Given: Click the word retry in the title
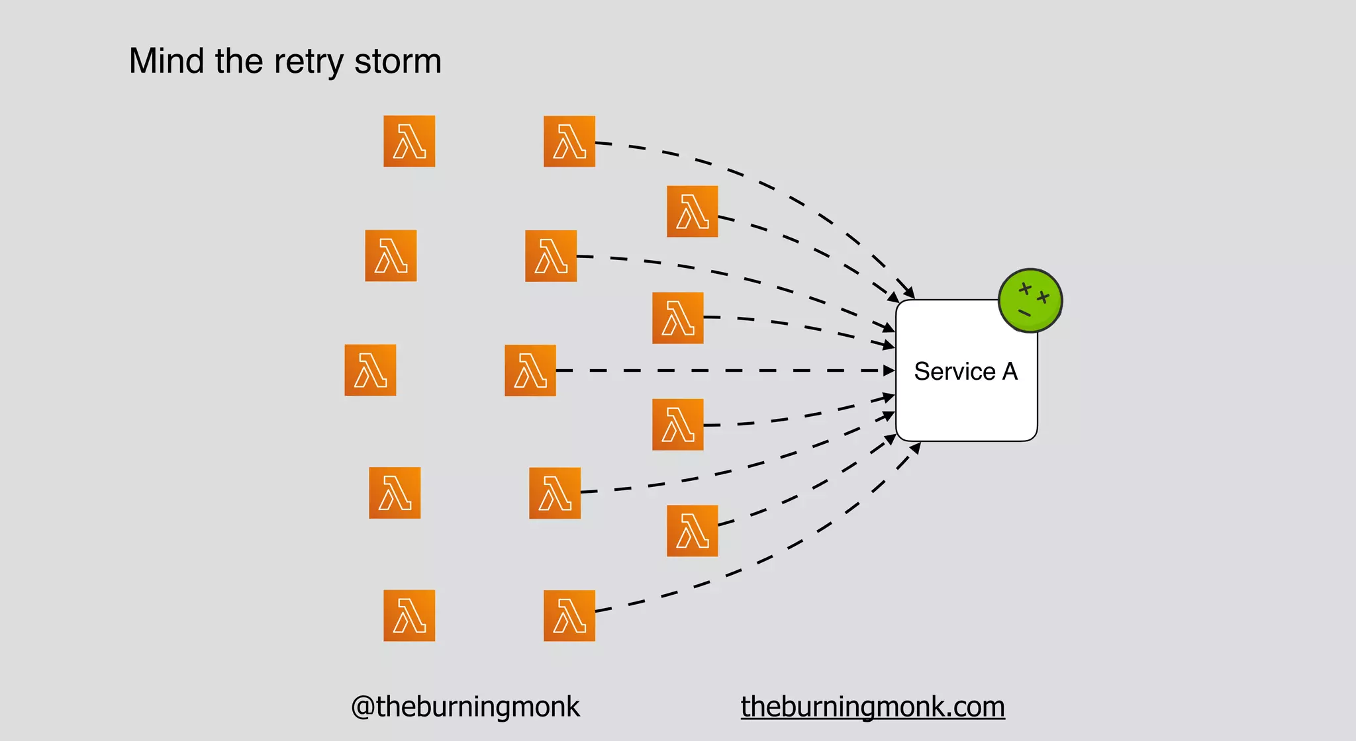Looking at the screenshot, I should coord(309,62).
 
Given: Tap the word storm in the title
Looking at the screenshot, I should coord(397,62).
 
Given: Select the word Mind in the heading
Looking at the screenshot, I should coord(166,62).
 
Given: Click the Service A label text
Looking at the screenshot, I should coord(965,371).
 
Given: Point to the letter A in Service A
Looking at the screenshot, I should coord(1010,371).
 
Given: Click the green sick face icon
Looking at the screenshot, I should coord(1030,300).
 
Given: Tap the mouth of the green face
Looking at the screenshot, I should coord(1024,312).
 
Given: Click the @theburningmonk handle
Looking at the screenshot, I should coord(465,707).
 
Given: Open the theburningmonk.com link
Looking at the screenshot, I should coord(873,707).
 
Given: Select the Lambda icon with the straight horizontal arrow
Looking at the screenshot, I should coord(530,370).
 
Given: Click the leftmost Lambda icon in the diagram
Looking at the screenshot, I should coord(370,370).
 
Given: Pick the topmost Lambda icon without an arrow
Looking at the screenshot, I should coord(409,141).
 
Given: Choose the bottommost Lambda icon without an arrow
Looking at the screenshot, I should coord(409,615).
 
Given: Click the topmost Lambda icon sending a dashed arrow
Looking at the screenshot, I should coord(569,141).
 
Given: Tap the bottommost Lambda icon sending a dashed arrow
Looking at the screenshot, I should coord(569,615).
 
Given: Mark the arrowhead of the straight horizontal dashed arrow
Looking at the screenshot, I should coord(890,370).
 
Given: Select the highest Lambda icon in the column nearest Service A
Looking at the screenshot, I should coord(693,212).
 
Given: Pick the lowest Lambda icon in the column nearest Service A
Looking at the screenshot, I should coord(693,531).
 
